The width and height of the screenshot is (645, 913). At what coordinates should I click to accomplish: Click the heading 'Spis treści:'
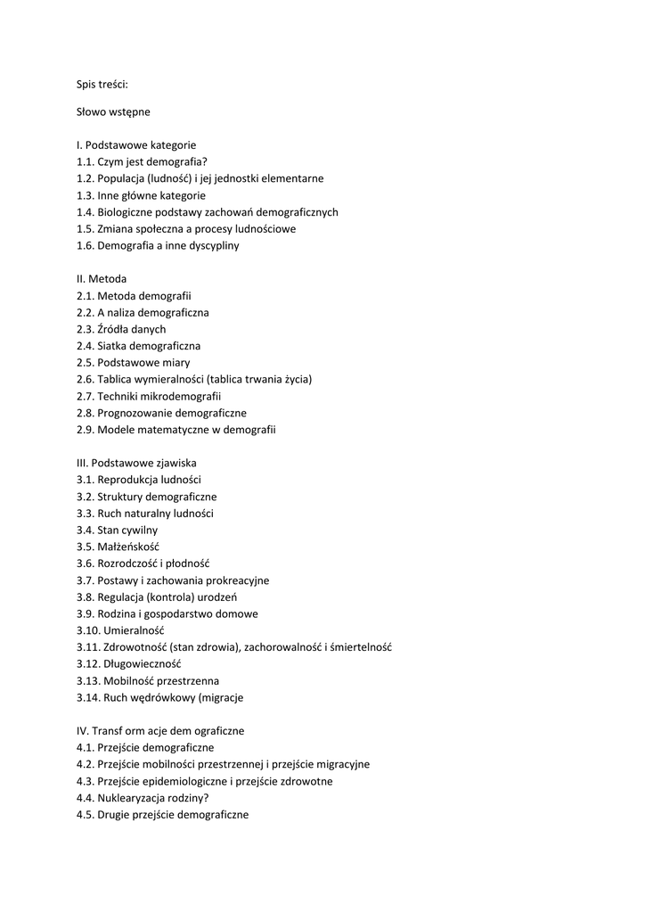(102, 85)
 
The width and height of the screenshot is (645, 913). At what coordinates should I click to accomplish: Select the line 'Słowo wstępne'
(113, 111)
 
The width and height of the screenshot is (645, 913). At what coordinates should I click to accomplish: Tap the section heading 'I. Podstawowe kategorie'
(136, 144)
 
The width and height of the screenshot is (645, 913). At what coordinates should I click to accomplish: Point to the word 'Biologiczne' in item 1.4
(127, 212)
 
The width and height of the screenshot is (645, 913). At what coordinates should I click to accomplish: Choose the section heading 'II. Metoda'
(102, 279)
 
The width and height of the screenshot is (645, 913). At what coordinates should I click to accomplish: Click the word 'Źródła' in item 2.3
(114, 329)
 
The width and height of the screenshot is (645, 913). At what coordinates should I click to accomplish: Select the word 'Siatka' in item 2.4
(112, 346)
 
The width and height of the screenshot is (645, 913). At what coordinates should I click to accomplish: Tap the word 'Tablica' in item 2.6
(116, 380)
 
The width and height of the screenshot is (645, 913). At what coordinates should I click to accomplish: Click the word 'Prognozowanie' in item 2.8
(135, 413)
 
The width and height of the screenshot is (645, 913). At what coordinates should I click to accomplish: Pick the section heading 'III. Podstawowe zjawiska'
(136, 464)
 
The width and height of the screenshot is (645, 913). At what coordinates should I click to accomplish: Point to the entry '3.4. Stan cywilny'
(117, 531)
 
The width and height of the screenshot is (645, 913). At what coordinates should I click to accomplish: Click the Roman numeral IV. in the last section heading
(82, 731)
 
